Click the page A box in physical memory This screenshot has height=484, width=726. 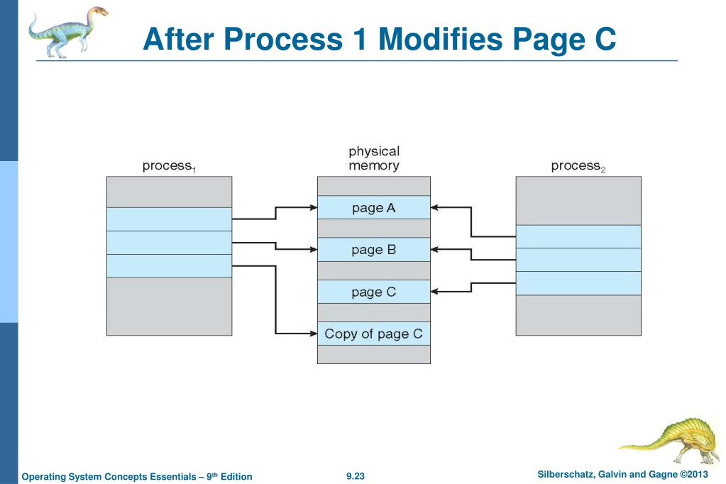(x=374, y=207)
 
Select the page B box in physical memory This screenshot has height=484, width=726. (x=374, y=250)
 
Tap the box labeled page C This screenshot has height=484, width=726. (x=374, y=292)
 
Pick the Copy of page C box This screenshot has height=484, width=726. (x=374, y=334)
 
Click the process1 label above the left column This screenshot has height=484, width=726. (x=169, y=166)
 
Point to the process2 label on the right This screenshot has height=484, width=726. (x=578, y=166)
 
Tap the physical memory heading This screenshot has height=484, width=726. (x=374, y=158)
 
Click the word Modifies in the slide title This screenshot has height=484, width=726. (x=440, y=39)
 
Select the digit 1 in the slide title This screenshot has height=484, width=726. (x=361, y=39)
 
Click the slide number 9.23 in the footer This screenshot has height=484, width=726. (x=355, y=475)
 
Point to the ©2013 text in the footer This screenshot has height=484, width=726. (x=693, y=474)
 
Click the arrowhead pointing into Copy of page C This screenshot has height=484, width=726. (x=314, y=334)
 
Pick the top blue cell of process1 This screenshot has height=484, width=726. (x=170, y=219)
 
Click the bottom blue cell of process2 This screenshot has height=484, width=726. (x=578, y=283)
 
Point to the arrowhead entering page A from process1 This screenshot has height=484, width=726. (x=314, y=207)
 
